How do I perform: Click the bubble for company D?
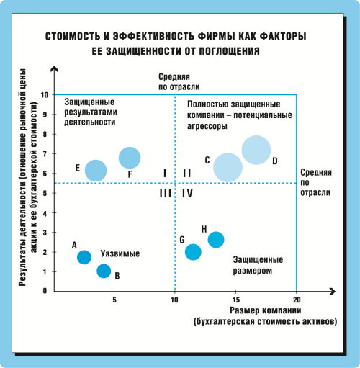pos(256,150)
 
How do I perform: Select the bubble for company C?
pos(228,168)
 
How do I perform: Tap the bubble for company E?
pos(96,171)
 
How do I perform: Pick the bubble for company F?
pos(130,158)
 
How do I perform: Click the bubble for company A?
pos(84,257)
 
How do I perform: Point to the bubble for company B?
pos(104,271)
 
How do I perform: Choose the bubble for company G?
pos(193,252)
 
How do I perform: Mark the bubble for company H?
pos(216,240)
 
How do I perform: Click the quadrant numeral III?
pos(166,193)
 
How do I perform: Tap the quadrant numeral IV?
pos(187,193)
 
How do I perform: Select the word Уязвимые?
pos(120,253)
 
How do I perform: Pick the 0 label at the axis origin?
pos(45,291)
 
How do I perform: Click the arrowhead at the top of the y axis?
pos(55,68)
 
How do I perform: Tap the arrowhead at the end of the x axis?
pos(333,292)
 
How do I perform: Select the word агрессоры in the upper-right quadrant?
pos(207,126)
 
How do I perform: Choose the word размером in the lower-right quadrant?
pos(253,271)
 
